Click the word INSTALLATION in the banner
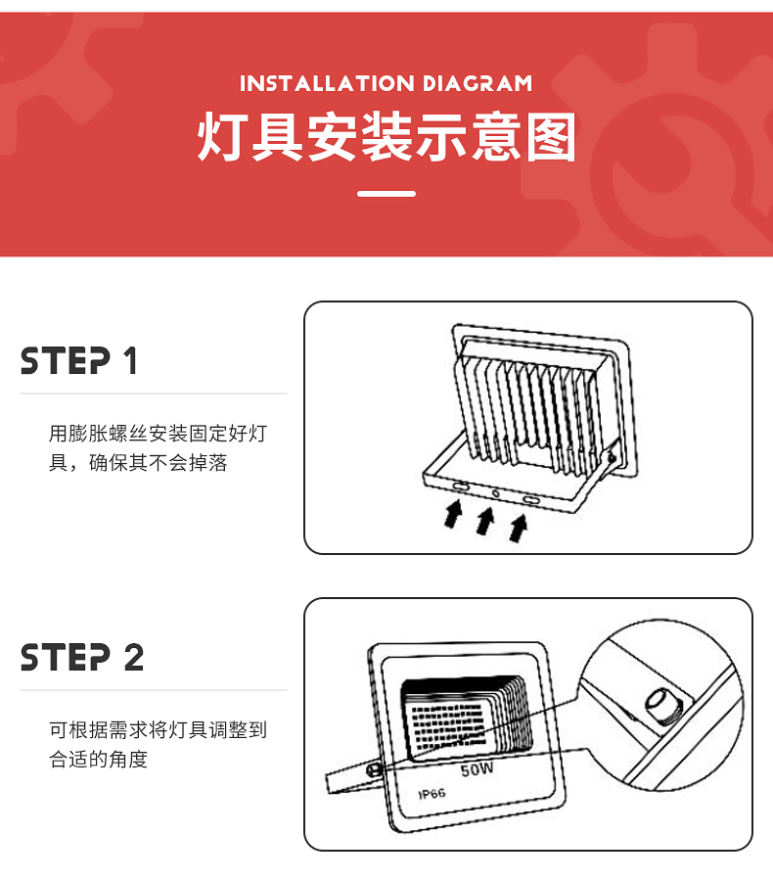point(327,84)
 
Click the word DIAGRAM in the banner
point(477,84)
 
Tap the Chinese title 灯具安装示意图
point(386,136)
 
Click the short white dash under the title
point(386,193)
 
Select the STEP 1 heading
point(78,360)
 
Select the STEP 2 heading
point(82,658)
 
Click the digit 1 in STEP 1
point(131,360)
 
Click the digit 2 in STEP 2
point(134,658)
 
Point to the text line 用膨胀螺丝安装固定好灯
point(158,434)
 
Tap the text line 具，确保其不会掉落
point(138,463)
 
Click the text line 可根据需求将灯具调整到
point(158,730)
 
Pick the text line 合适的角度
point(98,759)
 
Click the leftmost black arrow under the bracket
point(453,514)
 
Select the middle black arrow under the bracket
point(485,521)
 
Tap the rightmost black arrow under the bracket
point(518,529)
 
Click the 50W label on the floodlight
point(477,769)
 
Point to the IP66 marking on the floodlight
point(432,794)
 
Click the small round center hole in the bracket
point(495,493)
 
